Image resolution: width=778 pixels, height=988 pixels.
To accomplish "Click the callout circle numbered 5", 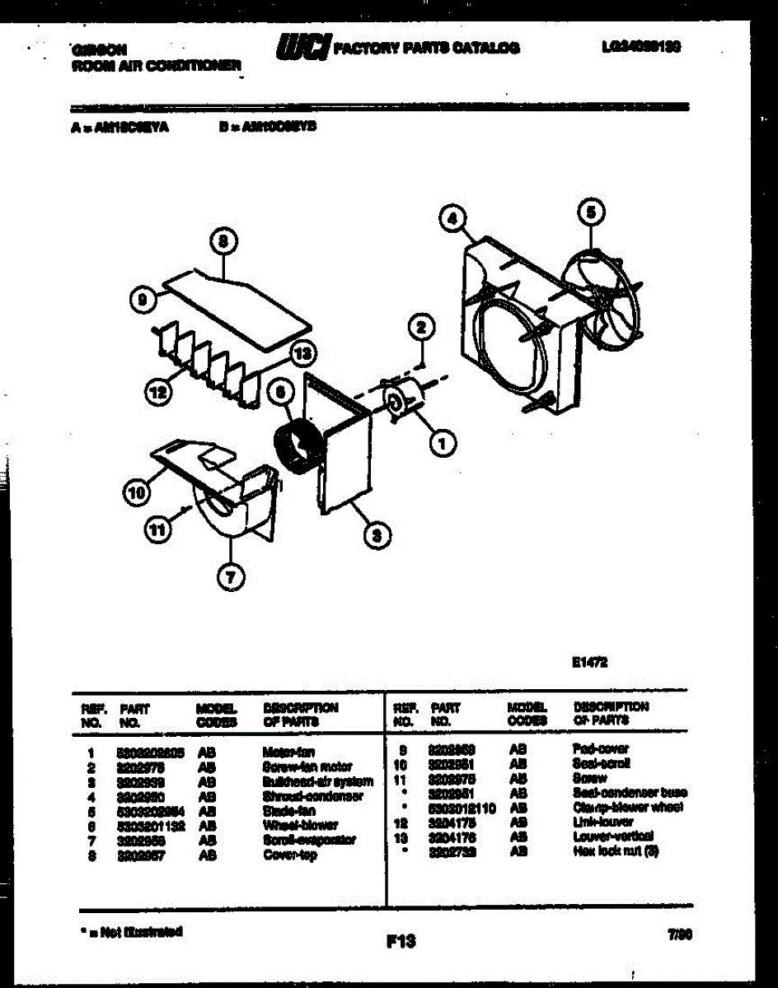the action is [x=590, y=212].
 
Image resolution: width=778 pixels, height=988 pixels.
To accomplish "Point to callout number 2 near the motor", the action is [x=420, y=327].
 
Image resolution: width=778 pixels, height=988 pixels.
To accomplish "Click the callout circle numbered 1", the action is [x=443, y=444].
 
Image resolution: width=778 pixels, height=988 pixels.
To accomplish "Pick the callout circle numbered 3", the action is [x=377, y=536].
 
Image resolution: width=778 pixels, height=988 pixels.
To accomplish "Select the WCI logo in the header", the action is [x=303, y=48].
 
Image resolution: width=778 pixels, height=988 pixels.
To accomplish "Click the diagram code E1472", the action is [x=589, y=660].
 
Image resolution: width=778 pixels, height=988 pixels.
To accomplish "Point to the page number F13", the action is [x=401, y=939].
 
